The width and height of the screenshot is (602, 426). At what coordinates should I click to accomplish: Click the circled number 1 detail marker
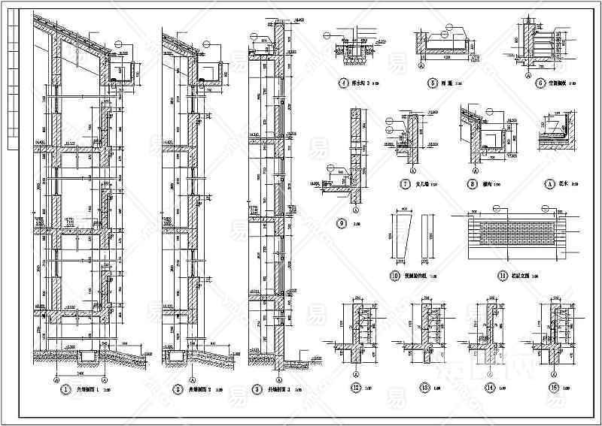tap(66, 390)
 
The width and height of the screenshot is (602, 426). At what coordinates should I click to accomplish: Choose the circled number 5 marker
tap(433, 84)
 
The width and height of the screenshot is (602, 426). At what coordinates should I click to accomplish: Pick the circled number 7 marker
tap(405, 183)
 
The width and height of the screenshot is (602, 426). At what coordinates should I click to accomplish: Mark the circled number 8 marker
tap(473, 183)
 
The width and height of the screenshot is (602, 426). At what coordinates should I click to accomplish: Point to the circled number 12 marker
tap(354, 390)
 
